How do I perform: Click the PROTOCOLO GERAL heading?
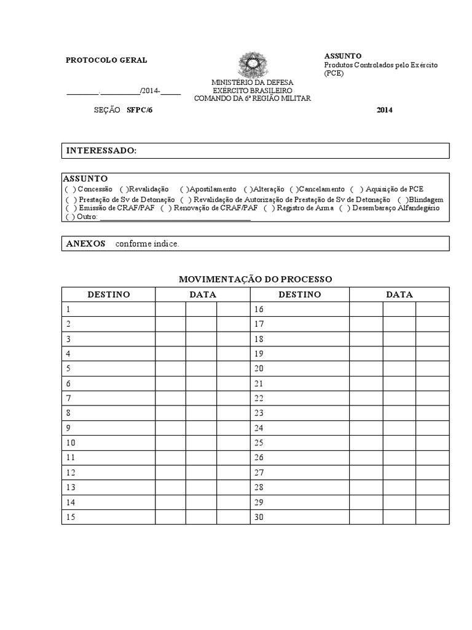[x=106, y=60]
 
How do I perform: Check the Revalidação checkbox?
[x=124, y=189]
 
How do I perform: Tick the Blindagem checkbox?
[x=402, y=199]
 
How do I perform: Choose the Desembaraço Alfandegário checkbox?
[x=344, y=208]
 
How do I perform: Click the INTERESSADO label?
[x=101, y=151]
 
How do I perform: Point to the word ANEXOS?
[x=85, y=244]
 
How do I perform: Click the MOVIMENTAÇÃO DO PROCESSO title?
[x=255, y=279]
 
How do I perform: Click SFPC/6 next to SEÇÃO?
[x=139, y=110]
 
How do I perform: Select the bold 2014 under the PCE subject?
[x=384, y=110]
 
